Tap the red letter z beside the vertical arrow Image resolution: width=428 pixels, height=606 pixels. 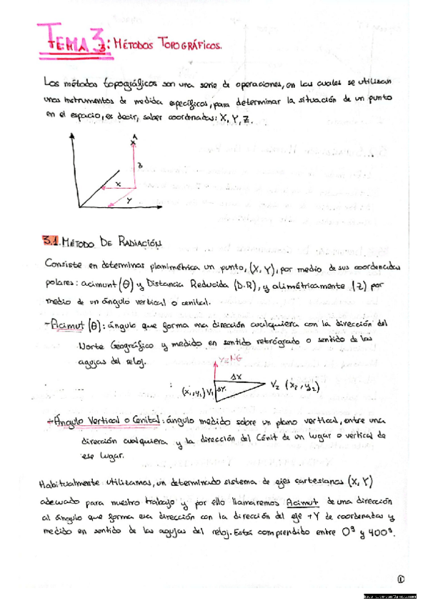(x=140, y=166)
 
